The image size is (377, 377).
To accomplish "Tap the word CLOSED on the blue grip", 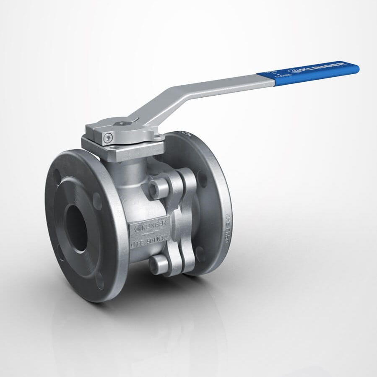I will click(281, 76).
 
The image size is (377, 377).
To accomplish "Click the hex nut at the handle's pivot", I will click(122, 124).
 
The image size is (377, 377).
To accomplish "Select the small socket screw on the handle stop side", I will click(109, 137).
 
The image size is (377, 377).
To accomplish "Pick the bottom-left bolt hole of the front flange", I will click(61, 254).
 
